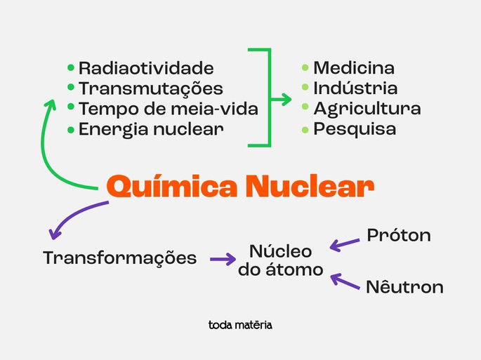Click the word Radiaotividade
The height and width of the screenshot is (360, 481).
146,69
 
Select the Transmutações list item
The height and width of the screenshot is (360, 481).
150,89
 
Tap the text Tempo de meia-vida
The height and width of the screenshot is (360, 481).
168,109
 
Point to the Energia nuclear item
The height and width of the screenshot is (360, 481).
151,130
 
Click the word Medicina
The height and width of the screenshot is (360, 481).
354,69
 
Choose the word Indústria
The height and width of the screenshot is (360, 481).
355,88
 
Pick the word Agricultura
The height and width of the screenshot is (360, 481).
367,109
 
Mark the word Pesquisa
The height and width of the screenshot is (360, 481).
355,129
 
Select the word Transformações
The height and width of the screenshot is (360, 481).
120,258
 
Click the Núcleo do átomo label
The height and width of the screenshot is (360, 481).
281,260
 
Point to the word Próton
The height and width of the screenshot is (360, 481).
399,236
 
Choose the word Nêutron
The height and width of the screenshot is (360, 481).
404,287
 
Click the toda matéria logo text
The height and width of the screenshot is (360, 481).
240,325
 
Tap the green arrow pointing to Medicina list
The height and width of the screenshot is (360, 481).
281,100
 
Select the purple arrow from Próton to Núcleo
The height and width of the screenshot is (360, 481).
345,244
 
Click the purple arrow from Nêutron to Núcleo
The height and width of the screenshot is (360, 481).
345,281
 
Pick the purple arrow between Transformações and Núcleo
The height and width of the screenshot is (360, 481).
223,259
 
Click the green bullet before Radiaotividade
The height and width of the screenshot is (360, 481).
70,68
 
